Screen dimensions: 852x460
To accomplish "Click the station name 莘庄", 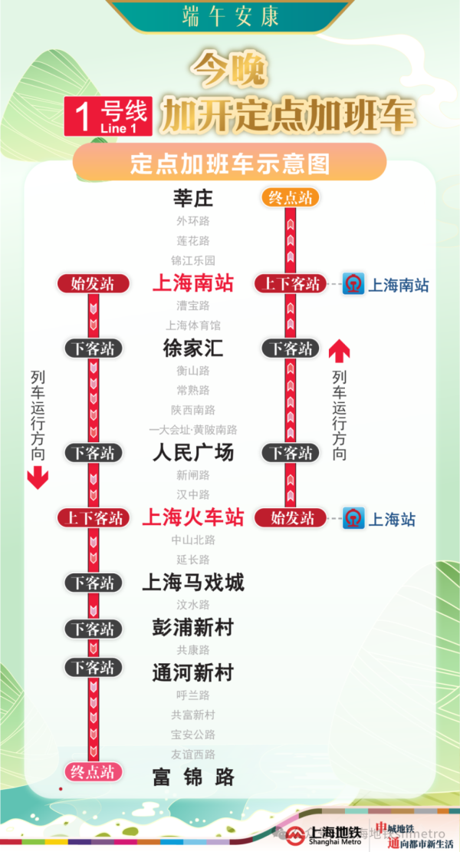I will pyautogui.click(x=193, y=199).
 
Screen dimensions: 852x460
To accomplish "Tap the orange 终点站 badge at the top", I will pyautogui.click(x=290, y=197).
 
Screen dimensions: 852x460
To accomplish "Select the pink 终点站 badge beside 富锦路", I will pyautogui.click(x=92, y=771).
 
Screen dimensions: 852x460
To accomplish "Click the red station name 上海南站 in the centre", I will pyautogui.click(x=193, y=283).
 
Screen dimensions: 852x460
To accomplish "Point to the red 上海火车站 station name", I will pyautogui.click(x=193, y=517).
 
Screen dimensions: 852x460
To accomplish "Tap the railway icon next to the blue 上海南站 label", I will pyautogui.click(x=353, y=284).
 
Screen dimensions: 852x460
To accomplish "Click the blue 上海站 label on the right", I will pyautogui.click(x=392, y=520).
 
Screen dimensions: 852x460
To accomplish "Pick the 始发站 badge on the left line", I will pyautogui.click(x=92, y=284).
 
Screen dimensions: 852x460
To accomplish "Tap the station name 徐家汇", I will pyautogui.click(x=193, y=348).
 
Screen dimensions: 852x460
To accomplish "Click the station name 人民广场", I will pyautogui.click(x=193, y=452).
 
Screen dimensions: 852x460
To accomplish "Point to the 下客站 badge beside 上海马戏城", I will pyautogui.click(x=93, y=583).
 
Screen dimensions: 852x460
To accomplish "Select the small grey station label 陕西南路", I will pyautogui.click(x=193, y=410).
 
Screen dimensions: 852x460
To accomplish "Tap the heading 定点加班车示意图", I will pyautogui.click(x=229, y=163).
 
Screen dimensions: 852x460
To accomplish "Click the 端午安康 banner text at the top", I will pyautogui.click(x=230, y=15).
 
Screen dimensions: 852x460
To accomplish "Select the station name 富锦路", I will pyautogui.click(x=193, y=777).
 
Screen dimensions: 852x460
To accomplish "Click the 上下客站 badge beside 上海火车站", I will pyautogui.click(x=92, y=518).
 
